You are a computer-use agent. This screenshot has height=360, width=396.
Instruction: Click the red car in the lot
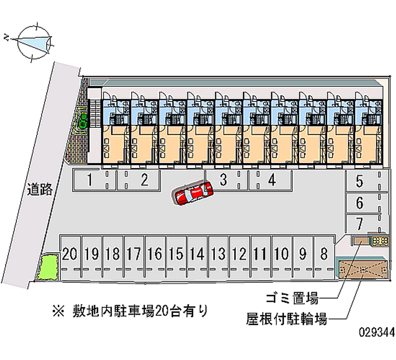194,193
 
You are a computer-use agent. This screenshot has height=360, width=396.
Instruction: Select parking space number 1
90,180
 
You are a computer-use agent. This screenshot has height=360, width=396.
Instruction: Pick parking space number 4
272,180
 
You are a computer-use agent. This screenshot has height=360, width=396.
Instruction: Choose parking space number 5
360,182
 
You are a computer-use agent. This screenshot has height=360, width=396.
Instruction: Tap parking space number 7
360,223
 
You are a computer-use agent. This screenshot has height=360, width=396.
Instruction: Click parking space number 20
70,255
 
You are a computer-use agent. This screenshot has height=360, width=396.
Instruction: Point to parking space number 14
197,255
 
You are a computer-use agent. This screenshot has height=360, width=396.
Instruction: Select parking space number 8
324,255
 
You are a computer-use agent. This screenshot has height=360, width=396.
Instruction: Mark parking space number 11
260,255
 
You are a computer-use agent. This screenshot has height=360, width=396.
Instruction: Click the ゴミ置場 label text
293,299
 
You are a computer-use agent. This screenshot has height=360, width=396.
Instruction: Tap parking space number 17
133,255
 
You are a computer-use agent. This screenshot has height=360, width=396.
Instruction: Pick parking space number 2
144,180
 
